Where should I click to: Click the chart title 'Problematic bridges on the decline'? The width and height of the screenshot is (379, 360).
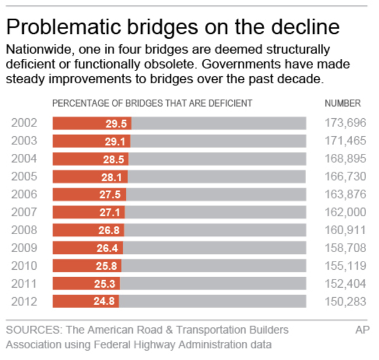pos(173,27)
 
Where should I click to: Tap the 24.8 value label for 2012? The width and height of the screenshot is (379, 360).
pos(106,302)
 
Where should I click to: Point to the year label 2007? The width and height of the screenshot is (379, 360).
pos(24,213)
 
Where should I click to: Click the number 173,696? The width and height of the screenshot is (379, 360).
pos(345,123)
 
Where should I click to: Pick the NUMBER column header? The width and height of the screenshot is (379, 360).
pos(342,104)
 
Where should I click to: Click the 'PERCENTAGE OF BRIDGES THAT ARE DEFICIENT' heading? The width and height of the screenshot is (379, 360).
pos(152,104)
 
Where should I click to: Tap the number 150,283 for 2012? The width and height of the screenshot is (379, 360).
pos(345,302)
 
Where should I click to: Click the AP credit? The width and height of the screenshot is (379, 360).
pos(362,330)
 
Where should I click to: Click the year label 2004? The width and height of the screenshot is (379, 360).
pos(24,159)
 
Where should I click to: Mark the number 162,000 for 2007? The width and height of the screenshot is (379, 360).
pos(345,213)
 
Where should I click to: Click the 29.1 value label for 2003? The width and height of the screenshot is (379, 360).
pos(115,141)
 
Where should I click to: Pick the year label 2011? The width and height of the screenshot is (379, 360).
pos(24,284)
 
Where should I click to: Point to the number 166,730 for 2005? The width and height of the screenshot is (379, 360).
pos(345,177)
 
